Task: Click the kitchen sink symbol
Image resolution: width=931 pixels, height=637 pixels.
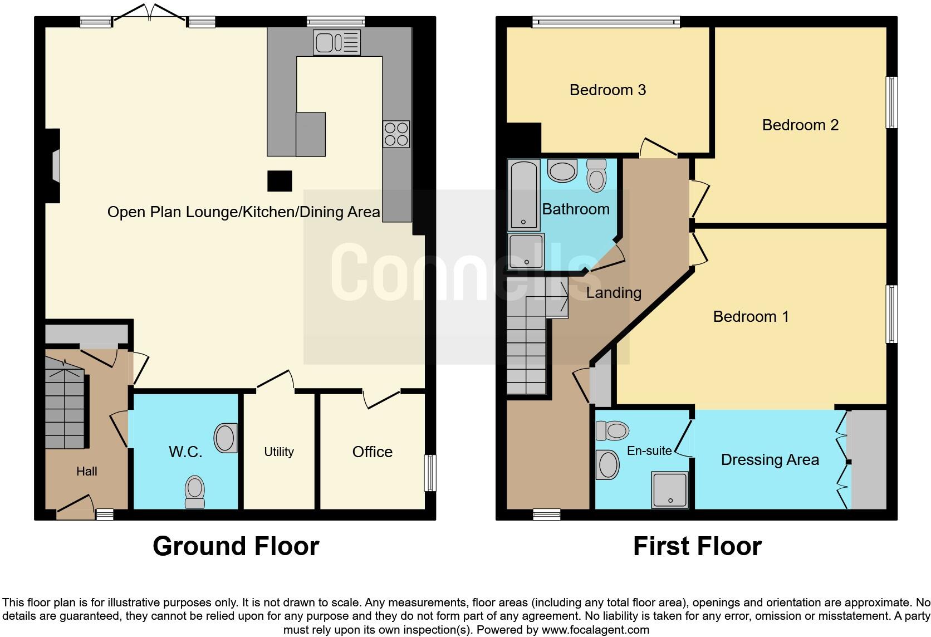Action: pyautogui.click(x=336, y=42)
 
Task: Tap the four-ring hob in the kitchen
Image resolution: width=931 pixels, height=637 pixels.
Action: pyautogui.click(x=396, y=134)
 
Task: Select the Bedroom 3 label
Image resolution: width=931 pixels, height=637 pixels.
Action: pyautogui.click(x=607, y=90)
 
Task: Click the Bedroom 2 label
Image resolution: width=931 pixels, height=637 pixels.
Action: pyautogui.click(x=800, y=125)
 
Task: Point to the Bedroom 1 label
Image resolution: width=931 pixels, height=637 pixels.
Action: pyautogui.click(x=751, y=316)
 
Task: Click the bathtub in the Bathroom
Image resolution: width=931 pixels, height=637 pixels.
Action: pyautogui.click(x=523, y=194)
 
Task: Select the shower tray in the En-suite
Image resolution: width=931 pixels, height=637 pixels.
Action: pyautogui.click(x=670, y=490)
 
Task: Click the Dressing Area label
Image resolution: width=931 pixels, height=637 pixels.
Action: pyautogui.click(x=770, y=459)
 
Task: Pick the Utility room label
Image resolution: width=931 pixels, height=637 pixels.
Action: pyautogui.click(x=278, y=452)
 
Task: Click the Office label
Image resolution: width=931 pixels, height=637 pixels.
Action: pyautogui.click(x=372, y=452)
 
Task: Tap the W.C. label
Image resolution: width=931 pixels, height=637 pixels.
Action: pyautogui.click(x=185, y=452)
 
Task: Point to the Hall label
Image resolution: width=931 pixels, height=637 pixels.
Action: pyautogui.click(x=86, y=471)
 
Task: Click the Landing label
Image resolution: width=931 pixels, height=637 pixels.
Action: pyautogui.click(x=614, y=292)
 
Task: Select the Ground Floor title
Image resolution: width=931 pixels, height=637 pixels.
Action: pyautogui.click(x=236, y=546)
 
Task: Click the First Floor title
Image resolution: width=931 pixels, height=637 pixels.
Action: pyautogui.click(x=697, y=546)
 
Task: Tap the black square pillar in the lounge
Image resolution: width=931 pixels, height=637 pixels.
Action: pyautogui.click(x=280, y=181)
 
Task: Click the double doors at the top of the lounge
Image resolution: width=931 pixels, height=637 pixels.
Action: pyautogui.click(x=149, y=15)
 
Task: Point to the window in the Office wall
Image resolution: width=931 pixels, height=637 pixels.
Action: pyautogui.click(x=430, y=473)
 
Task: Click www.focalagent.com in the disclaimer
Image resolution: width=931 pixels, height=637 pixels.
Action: pyautogui.click(x=595, y=630)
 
